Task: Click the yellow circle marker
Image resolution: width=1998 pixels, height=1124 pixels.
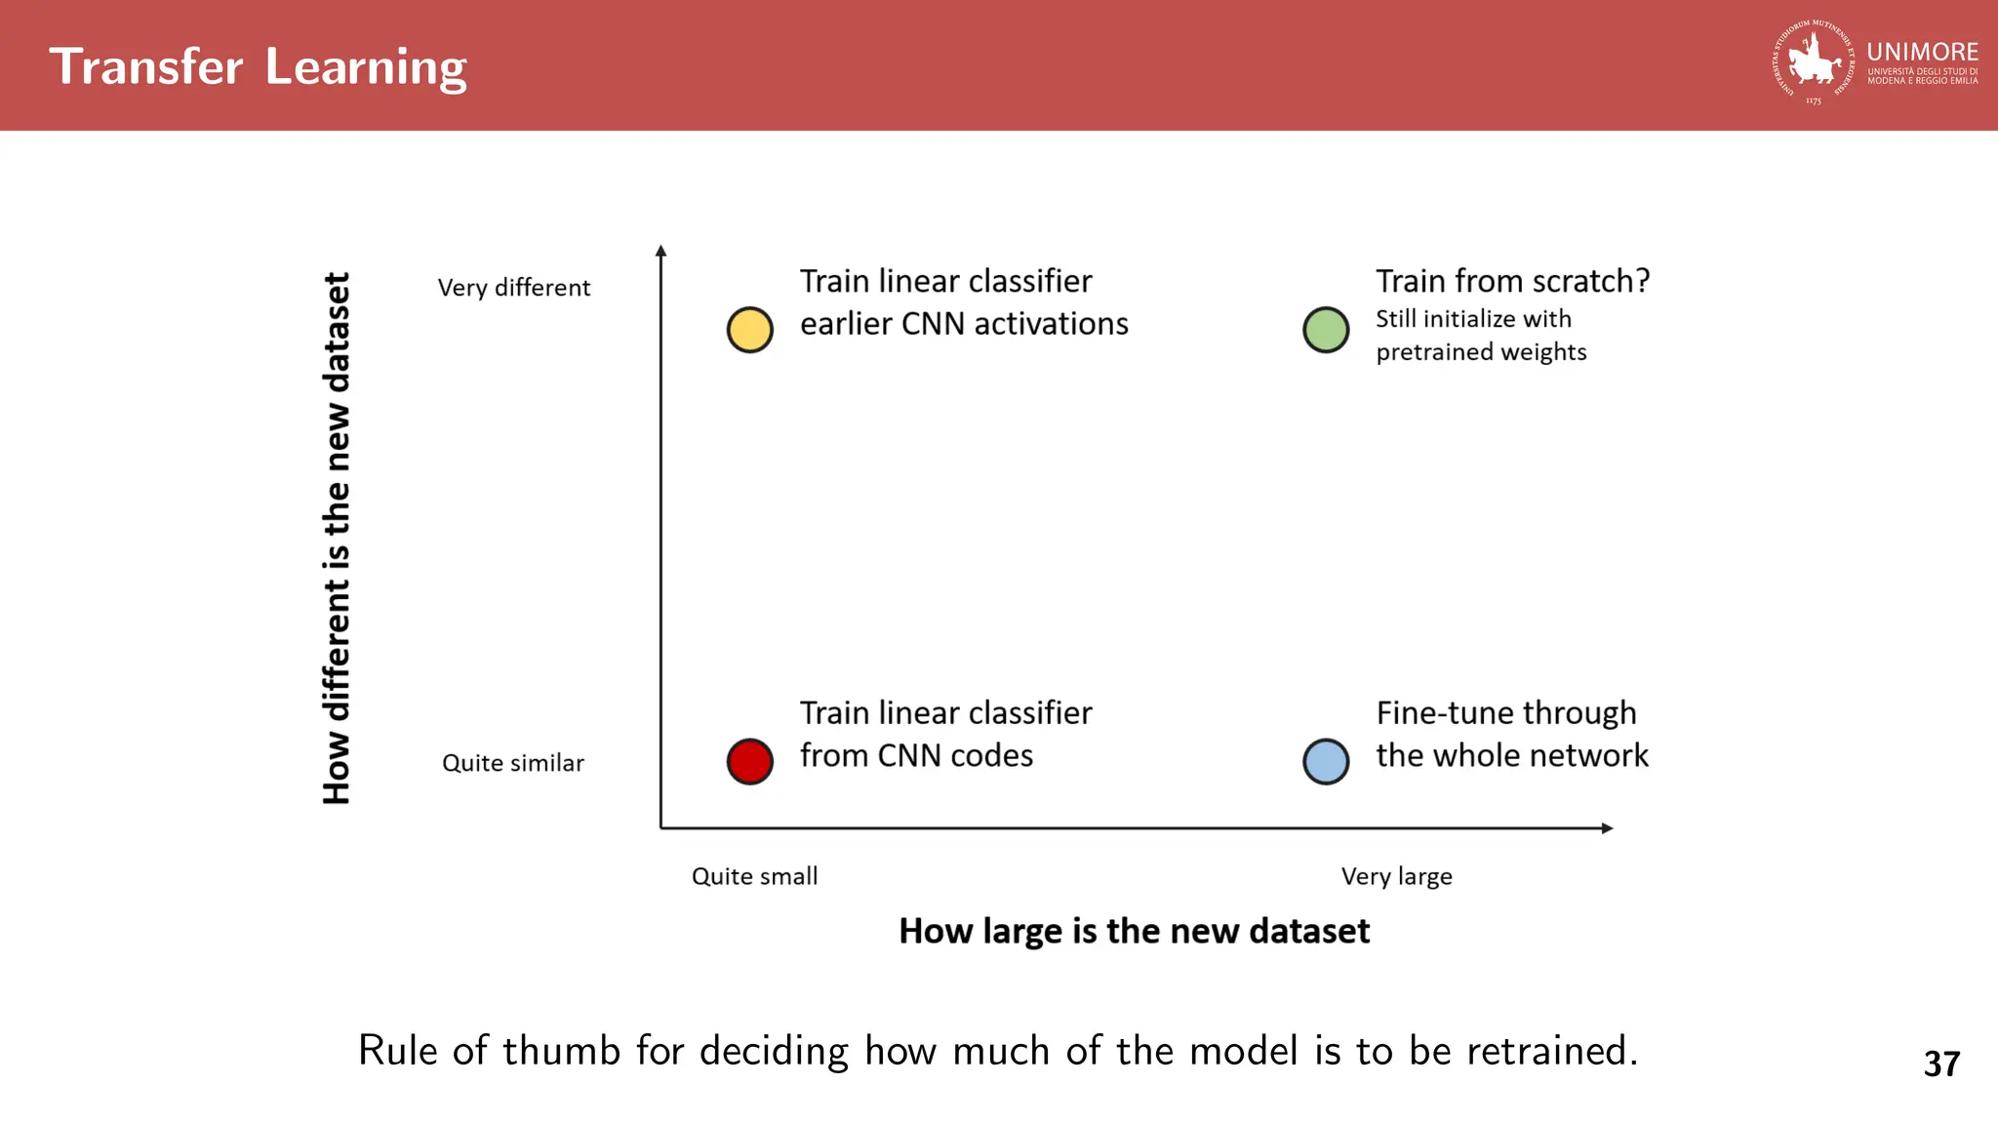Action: coord(749,330)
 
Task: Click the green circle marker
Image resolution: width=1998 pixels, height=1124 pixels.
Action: coord(1326,330)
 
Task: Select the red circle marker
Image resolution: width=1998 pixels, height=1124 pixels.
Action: coord(749,761)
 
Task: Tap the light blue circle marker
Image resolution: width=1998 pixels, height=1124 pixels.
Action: coord(1326,761)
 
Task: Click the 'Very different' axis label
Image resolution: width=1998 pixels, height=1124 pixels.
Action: coord(514,288)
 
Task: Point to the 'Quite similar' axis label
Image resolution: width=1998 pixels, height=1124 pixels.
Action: coord(513,763)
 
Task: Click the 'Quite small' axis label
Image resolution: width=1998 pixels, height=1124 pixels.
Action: coord(754,876)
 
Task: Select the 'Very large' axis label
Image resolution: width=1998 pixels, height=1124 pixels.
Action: coord(1396,876)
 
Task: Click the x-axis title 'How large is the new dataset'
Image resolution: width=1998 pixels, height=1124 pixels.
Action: coord(1134,931)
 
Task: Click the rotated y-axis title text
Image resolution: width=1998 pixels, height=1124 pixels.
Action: coord(336,538)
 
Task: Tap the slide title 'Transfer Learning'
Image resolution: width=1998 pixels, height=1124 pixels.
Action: coord(259,66)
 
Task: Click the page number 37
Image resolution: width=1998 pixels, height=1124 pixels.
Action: coord(1941,1064)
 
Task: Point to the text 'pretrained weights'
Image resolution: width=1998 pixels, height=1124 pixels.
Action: coord(1481,352)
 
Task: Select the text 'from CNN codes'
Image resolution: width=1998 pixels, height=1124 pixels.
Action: coord(916,756)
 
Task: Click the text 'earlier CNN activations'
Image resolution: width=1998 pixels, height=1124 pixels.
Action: coord(964,324)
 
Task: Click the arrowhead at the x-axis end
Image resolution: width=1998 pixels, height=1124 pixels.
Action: coord(1607,828)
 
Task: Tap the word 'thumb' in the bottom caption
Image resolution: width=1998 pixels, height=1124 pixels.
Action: coord(561,1051)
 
